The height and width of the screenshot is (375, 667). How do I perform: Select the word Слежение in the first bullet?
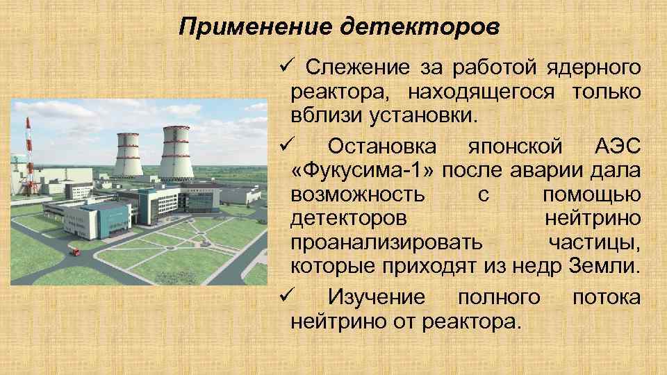click(358, 68)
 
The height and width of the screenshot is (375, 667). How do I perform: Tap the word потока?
click(606, 297)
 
